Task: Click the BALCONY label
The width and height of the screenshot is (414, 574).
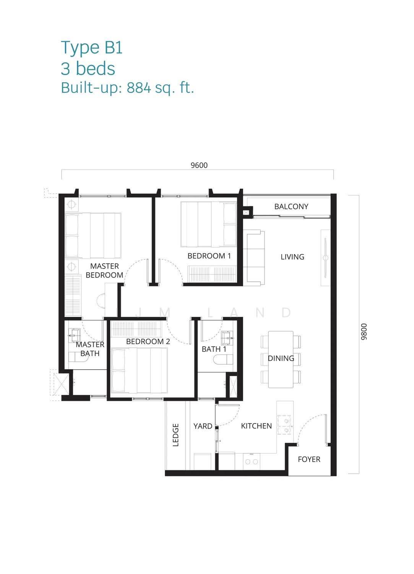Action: coord(291,207)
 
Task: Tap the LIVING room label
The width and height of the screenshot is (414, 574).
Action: coord(292,257)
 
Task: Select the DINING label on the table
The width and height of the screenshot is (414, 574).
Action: coord(281,358)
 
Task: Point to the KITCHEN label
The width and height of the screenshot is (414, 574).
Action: coord(256,426)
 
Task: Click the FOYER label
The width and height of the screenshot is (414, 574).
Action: coord(309,459)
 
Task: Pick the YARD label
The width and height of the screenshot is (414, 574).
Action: coord(203,426)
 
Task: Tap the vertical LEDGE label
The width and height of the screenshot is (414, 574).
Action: coord(175,435)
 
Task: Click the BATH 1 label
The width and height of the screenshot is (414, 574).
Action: coord(214,349)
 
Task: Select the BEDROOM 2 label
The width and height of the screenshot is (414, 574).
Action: coord(148,341)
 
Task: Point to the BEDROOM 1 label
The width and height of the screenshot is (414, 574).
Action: coord(209,256)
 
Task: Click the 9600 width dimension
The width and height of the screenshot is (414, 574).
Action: coord(199,165)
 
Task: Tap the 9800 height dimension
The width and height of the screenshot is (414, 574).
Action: coord(364,332)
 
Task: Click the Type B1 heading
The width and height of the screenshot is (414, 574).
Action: coord(92,48)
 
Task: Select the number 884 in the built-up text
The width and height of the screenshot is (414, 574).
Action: coord(139,88)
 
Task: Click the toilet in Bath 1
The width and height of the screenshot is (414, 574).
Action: coord(223,359)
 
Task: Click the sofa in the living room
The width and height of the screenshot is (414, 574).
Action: coord(254,258)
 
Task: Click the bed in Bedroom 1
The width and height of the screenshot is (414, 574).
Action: coord(209,225)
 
